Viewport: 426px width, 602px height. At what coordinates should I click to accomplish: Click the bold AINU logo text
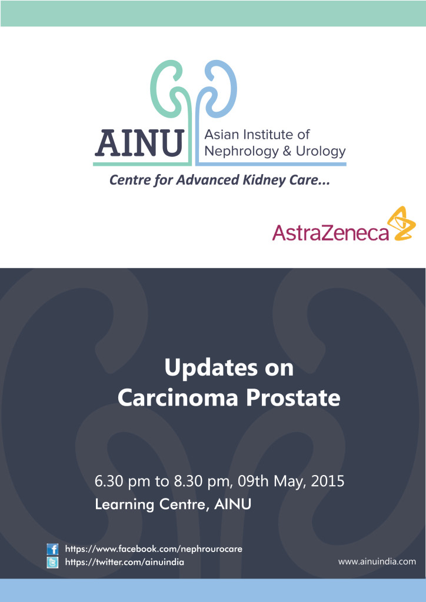(x=139, y=143)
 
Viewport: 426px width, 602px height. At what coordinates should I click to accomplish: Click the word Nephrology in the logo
(x=241, y=152)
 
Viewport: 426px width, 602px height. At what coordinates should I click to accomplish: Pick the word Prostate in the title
(x=293, y=399)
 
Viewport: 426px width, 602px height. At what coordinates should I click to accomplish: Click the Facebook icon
(x=52, y=549)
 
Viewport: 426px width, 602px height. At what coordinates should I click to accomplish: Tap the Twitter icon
(x=52, y=563)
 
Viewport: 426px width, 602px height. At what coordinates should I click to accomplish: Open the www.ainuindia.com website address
(x=377, y=561)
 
